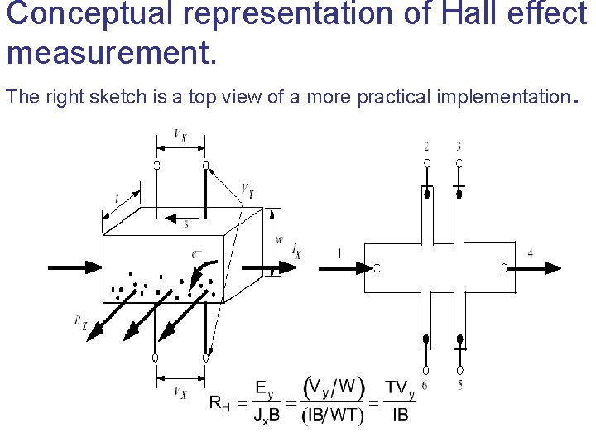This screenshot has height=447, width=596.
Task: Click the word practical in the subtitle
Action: [x=394, y=97]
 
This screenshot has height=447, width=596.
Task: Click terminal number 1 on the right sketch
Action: [x=339, y=253]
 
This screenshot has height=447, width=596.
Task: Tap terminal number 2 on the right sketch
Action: [x=426, y=147]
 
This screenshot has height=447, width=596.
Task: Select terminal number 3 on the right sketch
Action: [x=459, y=147]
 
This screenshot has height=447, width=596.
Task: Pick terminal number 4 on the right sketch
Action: [x=530, y=253]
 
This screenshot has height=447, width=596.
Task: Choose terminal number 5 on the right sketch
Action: [x=459, y=384]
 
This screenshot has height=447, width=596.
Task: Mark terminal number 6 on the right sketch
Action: [x=425, y=384]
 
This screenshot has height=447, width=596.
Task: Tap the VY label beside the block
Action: [x=248, y=192]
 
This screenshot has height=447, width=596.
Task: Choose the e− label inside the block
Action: [x=197, y=254]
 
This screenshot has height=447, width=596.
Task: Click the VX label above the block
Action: [x=180, y=135]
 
